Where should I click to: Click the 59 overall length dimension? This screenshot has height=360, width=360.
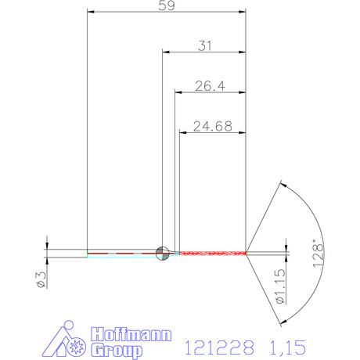point(167,5)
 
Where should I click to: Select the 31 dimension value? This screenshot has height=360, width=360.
point(205,46)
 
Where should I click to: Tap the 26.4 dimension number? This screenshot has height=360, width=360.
point(210,86)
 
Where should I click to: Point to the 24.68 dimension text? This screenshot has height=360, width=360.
point(213,126)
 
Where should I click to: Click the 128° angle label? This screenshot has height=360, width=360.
point(318,253)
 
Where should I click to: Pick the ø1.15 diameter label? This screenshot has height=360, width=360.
point(280,286)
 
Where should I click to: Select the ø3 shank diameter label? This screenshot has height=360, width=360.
point(41,279)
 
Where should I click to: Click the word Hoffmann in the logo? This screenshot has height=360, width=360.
point(131,334)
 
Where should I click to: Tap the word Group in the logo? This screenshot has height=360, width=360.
point(117,351)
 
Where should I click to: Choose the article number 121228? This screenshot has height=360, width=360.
point(219,347)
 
